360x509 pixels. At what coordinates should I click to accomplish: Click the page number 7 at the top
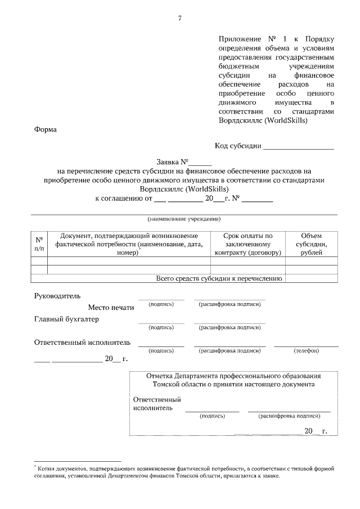point(179,19)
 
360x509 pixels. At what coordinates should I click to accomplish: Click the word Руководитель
point(57,295)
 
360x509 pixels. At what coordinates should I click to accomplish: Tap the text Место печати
point(111,307)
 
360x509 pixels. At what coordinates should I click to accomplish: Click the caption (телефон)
point(307,350)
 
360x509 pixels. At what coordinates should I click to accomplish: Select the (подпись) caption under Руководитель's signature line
point(161,304)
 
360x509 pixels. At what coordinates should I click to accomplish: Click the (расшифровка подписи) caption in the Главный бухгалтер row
point(229,327)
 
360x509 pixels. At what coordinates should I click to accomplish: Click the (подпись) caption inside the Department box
point(212,417)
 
